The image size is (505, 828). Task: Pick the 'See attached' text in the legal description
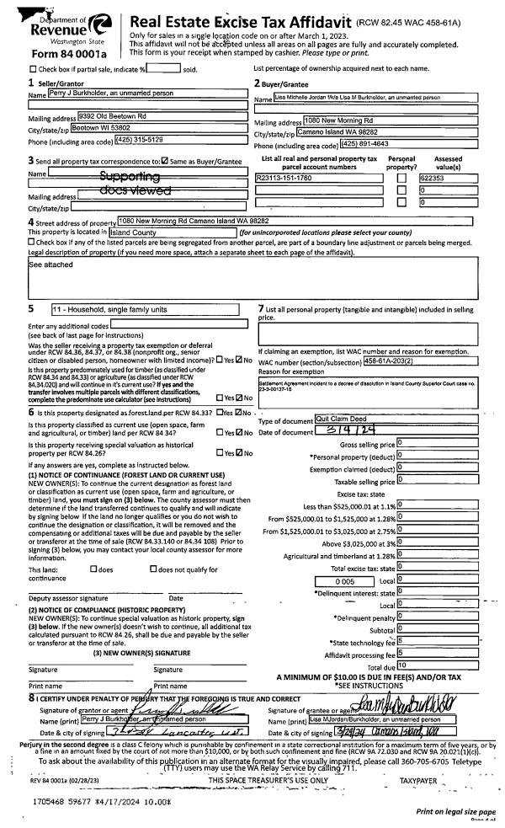pyautogui.click(x=50, y=263)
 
